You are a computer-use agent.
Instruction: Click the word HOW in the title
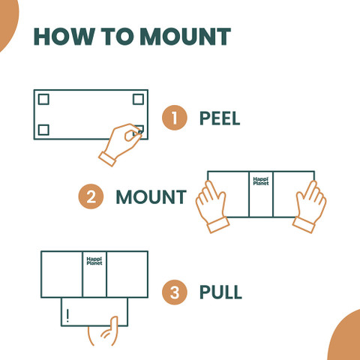pos(64,37)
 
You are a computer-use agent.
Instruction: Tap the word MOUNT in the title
pos(185,37)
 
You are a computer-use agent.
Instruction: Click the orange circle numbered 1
pos(174,118)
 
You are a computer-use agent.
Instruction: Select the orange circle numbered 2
pos(91,196)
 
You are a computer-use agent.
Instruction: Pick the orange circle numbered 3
pos(174,292)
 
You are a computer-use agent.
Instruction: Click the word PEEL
pos(220,118)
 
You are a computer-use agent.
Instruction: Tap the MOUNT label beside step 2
pos(151,197)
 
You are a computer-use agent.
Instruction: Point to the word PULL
pos(220,292)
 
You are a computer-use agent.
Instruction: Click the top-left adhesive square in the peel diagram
pos(43,99)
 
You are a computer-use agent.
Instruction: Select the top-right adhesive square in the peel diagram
pos(138,99)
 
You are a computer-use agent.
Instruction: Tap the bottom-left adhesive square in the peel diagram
pos(43,130)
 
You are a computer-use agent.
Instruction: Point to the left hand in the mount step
pos(211,208)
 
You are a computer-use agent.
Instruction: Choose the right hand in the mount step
pos(310,208)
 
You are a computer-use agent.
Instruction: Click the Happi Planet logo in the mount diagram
pos(261,181)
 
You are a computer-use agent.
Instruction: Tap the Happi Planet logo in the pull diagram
pos(94,261)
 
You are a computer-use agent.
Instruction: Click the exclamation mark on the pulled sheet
pos(67,316)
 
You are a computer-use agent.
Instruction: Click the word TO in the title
pos(117,37)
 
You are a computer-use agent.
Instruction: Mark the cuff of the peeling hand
pos(107,159)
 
